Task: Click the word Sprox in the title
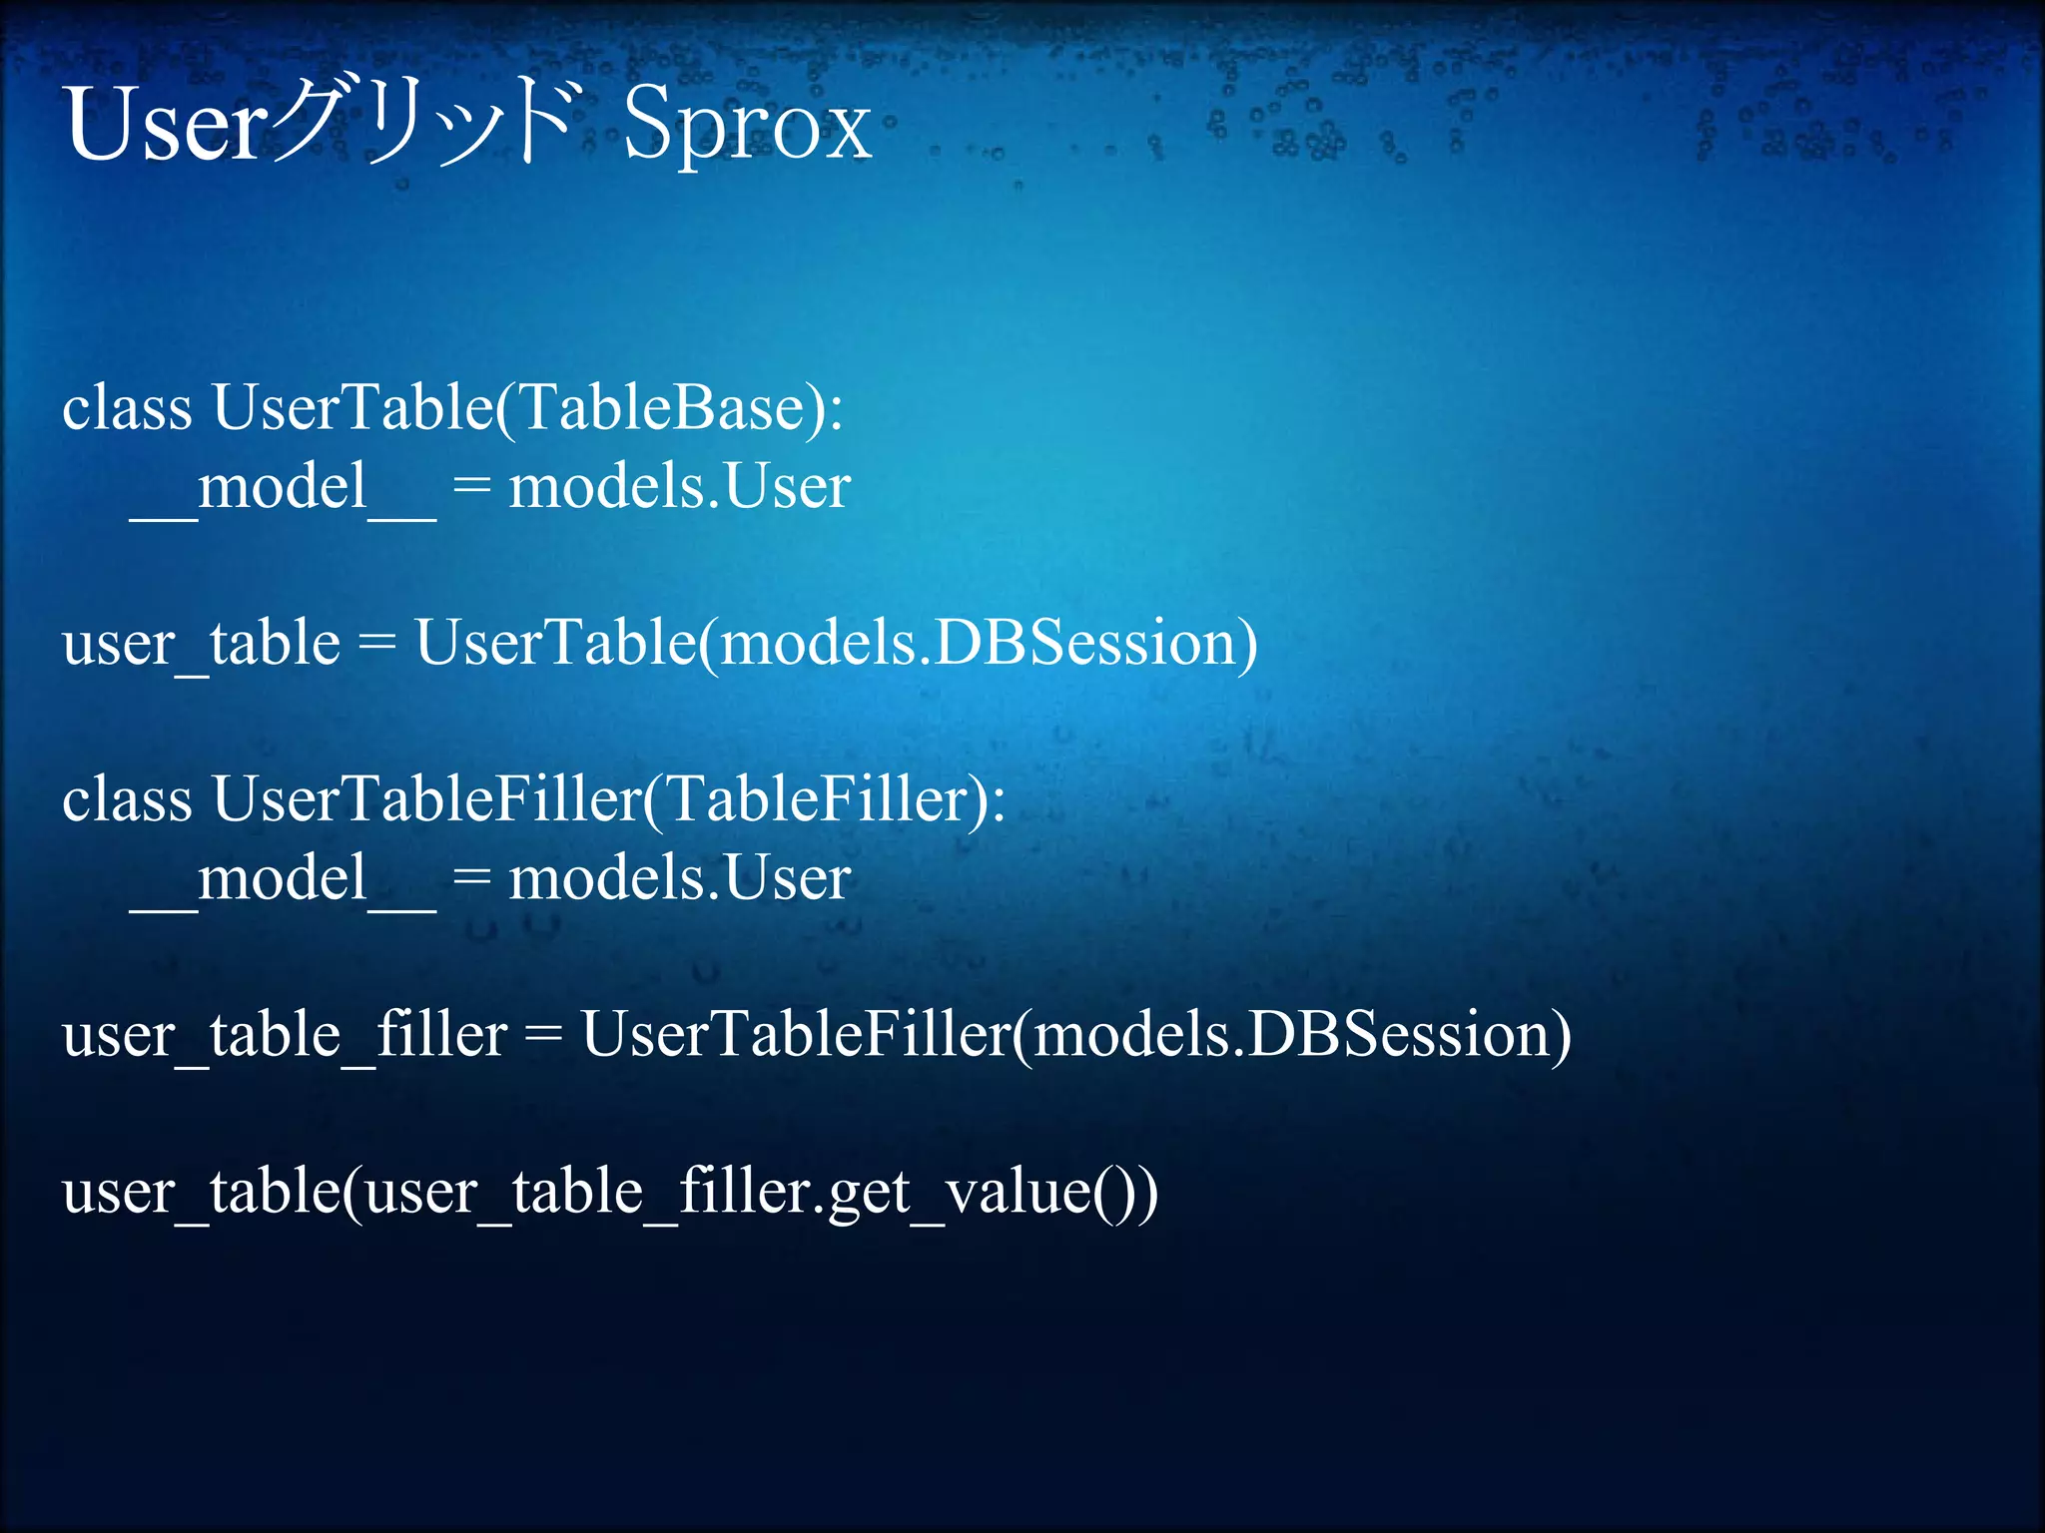[747, 125]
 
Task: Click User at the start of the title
[166, 125]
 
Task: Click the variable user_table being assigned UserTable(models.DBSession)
[201, 643]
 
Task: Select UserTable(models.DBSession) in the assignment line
[836, 643]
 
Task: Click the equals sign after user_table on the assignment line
[376, 643]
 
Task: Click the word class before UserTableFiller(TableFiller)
[127, 799]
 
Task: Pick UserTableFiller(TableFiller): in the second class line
[609, 799]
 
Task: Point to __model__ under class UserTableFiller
[283, 879]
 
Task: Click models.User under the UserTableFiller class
[679, 879]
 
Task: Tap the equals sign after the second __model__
[471, 879]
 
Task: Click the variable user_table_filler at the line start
[285, 1035]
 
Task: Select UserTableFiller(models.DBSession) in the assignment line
[1076, 1035]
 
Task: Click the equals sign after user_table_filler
[543, 1035]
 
